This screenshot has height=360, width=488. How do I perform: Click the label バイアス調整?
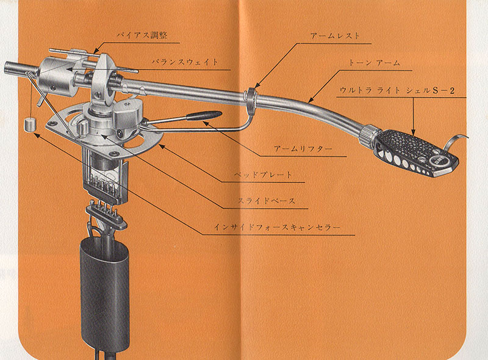(142, 35)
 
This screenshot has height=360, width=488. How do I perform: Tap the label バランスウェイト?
(185, 62)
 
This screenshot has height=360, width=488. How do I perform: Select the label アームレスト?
(335, 36)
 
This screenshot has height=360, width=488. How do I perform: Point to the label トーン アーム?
(374, 63)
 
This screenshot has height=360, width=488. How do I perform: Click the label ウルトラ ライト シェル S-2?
(397, 91)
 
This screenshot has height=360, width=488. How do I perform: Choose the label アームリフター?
(303, 149)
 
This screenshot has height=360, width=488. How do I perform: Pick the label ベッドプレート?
(263, 175)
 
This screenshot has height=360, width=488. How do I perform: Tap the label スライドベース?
(267, 201)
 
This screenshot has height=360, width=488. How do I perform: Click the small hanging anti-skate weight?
(30, 124)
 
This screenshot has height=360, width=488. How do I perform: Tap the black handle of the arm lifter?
(204, 115)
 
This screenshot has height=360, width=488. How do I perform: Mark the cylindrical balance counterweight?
(57, 77)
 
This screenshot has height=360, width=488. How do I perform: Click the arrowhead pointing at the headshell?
(414, 132)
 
